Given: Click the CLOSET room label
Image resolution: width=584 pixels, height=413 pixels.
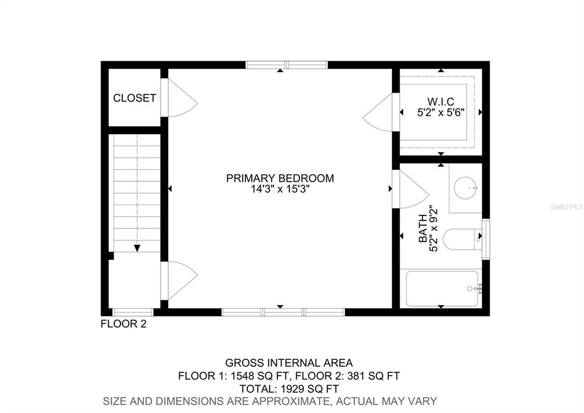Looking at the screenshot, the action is (x=135, y=98).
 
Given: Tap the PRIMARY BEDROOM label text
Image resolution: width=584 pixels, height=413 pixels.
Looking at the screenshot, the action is (x=280, y=178).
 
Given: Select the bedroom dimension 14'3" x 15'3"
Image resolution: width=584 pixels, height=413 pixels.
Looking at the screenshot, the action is (x=280, y=189).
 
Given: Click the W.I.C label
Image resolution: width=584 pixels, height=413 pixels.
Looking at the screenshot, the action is (x=441, y=101).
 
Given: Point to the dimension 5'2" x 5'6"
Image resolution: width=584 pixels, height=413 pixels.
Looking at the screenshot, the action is (x=441, y=112).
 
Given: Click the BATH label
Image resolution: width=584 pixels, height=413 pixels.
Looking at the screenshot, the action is (x=423, y=228).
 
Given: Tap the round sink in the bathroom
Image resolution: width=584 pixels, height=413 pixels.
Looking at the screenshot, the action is (x=466, y=188).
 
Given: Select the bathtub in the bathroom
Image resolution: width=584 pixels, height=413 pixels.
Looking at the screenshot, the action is (x=442, y=289).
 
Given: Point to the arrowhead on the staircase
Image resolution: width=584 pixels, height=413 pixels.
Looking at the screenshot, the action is (x=137, y=248).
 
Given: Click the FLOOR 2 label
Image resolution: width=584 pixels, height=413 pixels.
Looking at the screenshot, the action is (x=124, y=324).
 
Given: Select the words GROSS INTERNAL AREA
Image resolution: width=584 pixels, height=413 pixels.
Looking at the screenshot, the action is (x=289, y=363).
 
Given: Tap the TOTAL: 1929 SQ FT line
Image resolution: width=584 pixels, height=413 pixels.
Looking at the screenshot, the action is (x=289, y=389).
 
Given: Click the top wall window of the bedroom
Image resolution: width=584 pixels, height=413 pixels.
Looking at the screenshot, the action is (x=287, y=65).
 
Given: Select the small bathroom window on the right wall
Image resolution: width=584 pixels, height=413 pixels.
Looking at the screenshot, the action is (x=486, y=239).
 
